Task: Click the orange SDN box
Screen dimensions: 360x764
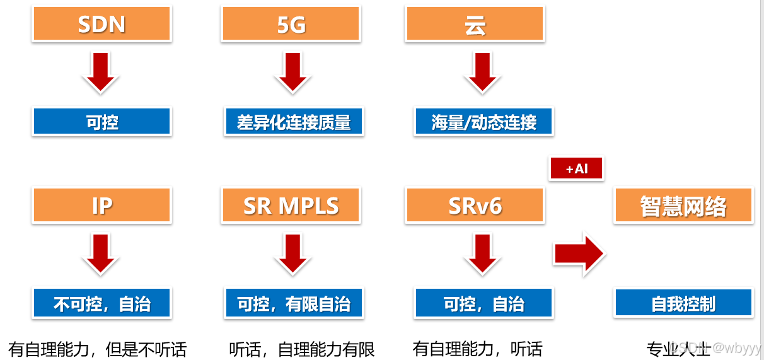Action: point(101,24)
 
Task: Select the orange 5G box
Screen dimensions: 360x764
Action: point(291,24)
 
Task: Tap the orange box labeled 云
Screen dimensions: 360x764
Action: point(475,24)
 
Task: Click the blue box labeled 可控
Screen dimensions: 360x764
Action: point(101,122)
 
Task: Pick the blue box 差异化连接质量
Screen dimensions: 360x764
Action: point(294,122)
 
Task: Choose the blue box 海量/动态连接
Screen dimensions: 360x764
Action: point(483,122)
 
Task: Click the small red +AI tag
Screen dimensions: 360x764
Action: point(576,168)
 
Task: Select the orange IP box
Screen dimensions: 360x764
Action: point(101,206)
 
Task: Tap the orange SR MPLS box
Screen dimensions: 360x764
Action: point(291,206)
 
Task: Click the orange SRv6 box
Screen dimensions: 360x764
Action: point(475,206)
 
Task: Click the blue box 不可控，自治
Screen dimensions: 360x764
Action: point(101,303)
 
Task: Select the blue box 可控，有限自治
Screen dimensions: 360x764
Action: point(294,303)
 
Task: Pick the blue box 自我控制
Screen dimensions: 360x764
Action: point(683,303)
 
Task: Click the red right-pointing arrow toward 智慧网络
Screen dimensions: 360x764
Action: point(579,255)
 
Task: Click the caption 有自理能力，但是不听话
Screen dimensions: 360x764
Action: point(98,349)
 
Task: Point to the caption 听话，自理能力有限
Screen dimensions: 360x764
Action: point(302,349)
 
